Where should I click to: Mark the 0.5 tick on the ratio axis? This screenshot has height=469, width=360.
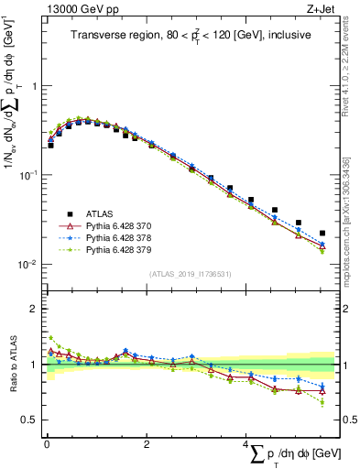coord(31,420)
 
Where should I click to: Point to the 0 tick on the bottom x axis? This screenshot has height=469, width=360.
coord(45,444)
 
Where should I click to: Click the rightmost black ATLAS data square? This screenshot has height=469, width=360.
coord(322,234)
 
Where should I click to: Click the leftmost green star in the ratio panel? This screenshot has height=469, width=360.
coord(50,338)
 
